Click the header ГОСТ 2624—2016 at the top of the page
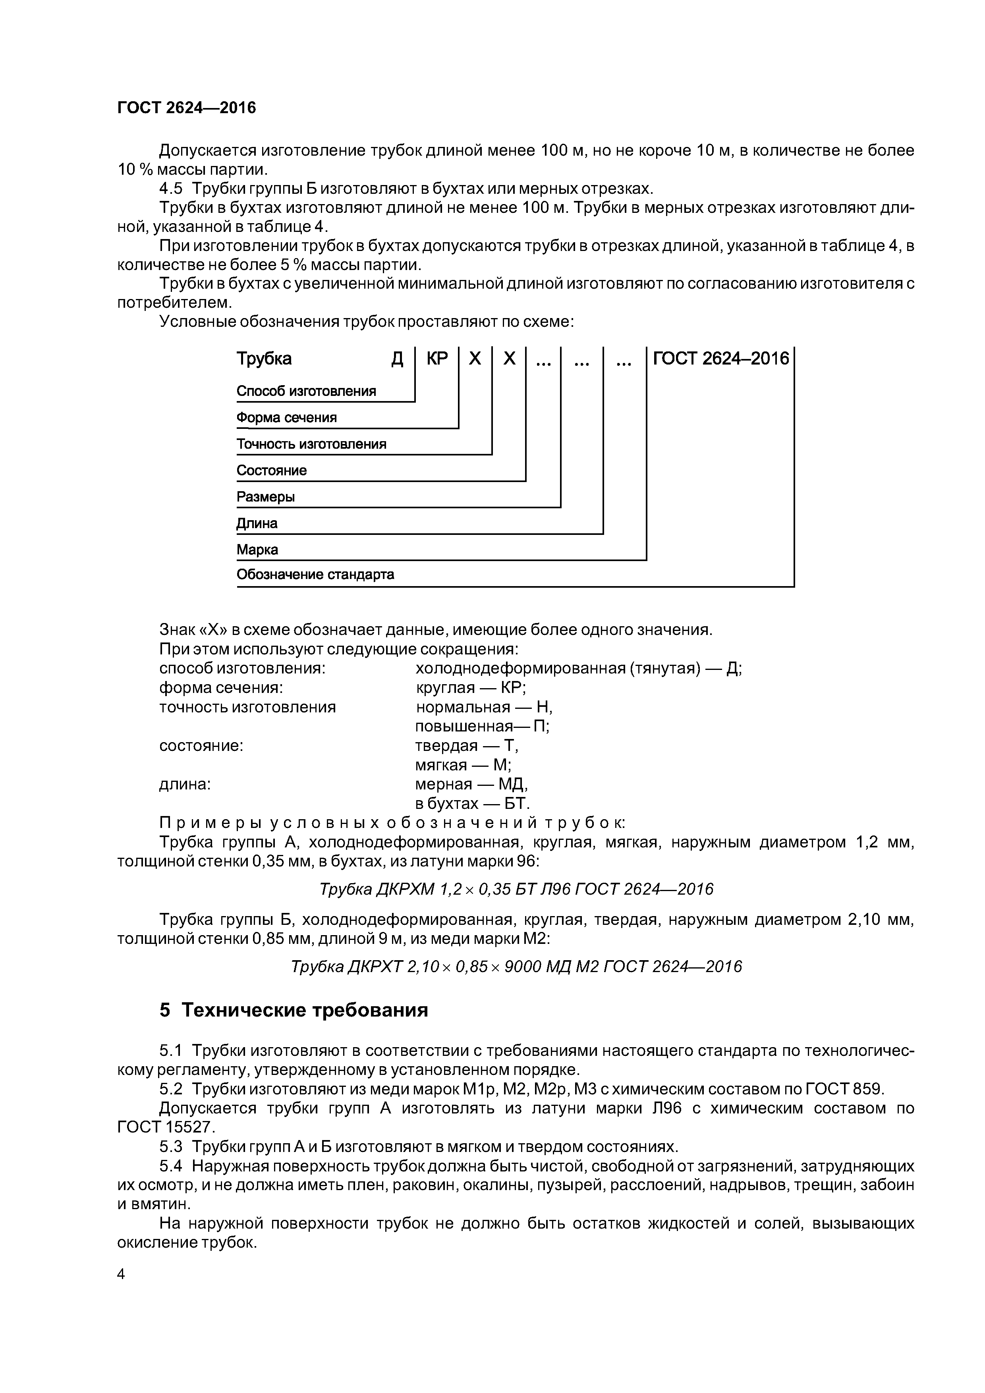tap(186, 108)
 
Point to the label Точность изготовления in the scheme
tap(311, 444)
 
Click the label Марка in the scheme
tap(257, 550)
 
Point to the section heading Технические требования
tap(305, 1010)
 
